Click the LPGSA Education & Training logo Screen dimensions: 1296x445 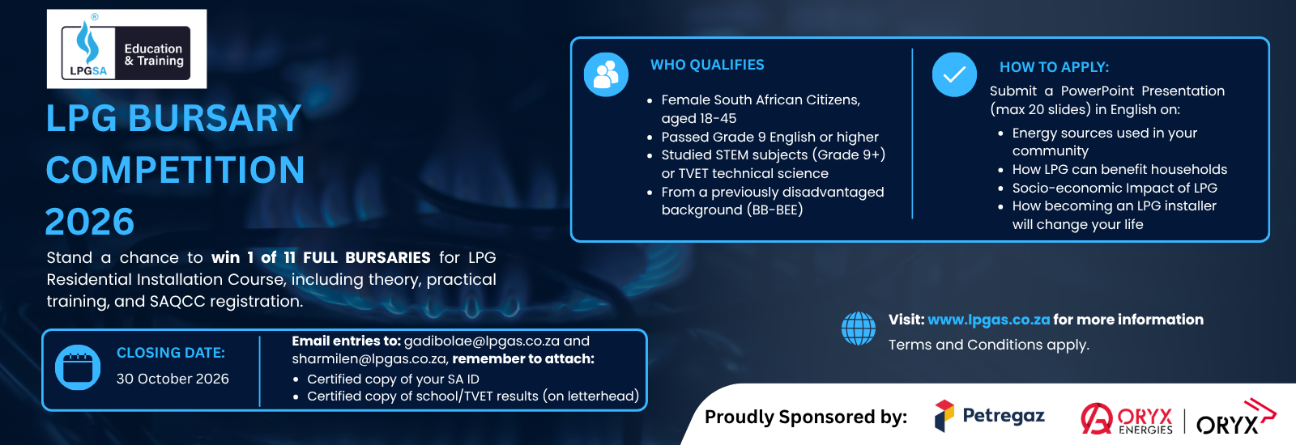coord(126,49)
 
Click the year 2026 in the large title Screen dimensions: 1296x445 coord(90,222)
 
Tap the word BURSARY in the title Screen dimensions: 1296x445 coord(214,118)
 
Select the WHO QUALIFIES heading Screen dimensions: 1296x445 coord(707,65)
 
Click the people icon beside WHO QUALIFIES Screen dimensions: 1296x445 coord(606,74)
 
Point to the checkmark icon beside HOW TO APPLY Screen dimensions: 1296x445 coord(954,74)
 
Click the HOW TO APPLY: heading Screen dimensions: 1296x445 coord(1054,67)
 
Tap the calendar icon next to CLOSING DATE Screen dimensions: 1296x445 coord(78,367)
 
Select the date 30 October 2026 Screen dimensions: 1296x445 coord(173,379)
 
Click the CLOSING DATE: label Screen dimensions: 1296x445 coord(171,353)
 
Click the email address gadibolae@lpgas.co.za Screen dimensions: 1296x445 coord(481,341)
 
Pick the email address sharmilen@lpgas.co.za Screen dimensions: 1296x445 coord(369,359)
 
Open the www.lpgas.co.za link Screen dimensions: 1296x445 coord(988,320)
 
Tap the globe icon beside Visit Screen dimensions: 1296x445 coord(858,328)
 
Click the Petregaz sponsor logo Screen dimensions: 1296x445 coord(989,416)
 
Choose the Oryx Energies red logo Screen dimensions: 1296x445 coord(1127,418)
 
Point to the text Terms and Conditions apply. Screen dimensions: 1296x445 coord(989,345)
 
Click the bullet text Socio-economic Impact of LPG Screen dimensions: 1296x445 coord(1115,188)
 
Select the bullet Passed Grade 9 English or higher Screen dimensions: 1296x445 coord(769,137)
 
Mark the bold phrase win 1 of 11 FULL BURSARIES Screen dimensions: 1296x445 coord(321,257)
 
